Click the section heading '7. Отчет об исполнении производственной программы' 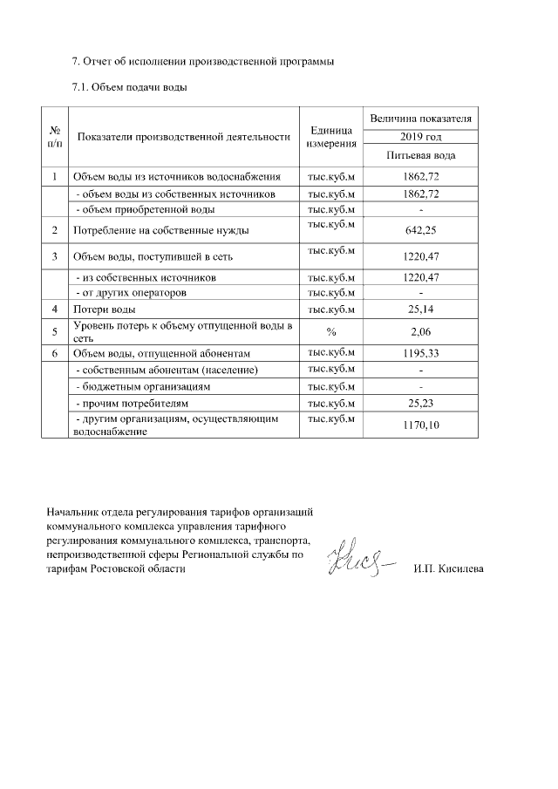click(x=202, y=62)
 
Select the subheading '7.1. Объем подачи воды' click(x=129, y=88)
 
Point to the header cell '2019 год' click(x=421, y=137)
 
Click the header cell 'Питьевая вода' click(x=421, y=155)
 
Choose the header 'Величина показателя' click(x=421, y=117)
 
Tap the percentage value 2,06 click(x=421, y=331)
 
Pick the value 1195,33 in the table click(x=421, y=353)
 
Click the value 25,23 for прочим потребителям click(x=421, y=405)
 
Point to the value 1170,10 click(x=421, y=425)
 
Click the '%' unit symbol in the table click(x=331, y=331)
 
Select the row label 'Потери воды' click(x=103, y=309)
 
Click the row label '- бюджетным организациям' click(x=143, y=385)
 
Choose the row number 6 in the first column click(x=54, y=353)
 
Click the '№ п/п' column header click(x=54, y=137)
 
